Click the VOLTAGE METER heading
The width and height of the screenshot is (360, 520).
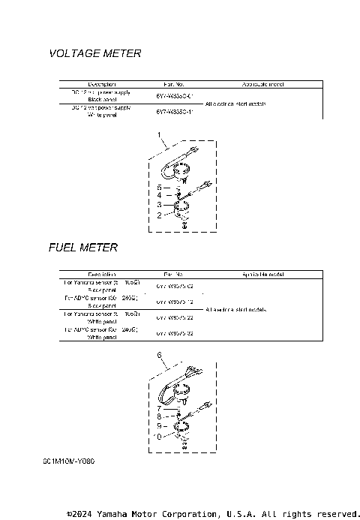94,54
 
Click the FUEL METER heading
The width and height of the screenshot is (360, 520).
82,248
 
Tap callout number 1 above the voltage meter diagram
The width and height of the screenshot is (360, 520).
160,135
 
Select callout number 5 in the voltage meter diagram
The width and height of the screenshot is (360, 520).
160,185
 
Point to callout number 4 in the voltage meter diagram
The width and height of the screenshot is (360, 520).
160,195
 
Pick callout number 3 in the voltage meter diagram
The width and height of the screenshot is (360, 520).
160,204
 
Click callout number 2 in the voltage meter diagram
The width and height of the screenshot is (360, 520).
160,215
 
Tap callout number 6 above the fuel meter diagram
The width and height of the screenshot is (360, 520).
159,354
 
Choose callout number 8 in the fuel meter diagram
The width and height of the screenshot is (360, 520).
159,416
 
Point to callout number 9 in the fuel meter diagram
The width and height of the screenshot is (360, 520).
159,425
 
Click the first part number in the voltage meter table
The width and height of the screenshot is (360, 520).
174,96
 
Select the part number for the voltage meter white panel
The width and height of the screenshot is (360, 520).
174,112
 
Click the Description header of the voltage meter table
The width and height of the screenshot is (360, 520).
101,83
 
